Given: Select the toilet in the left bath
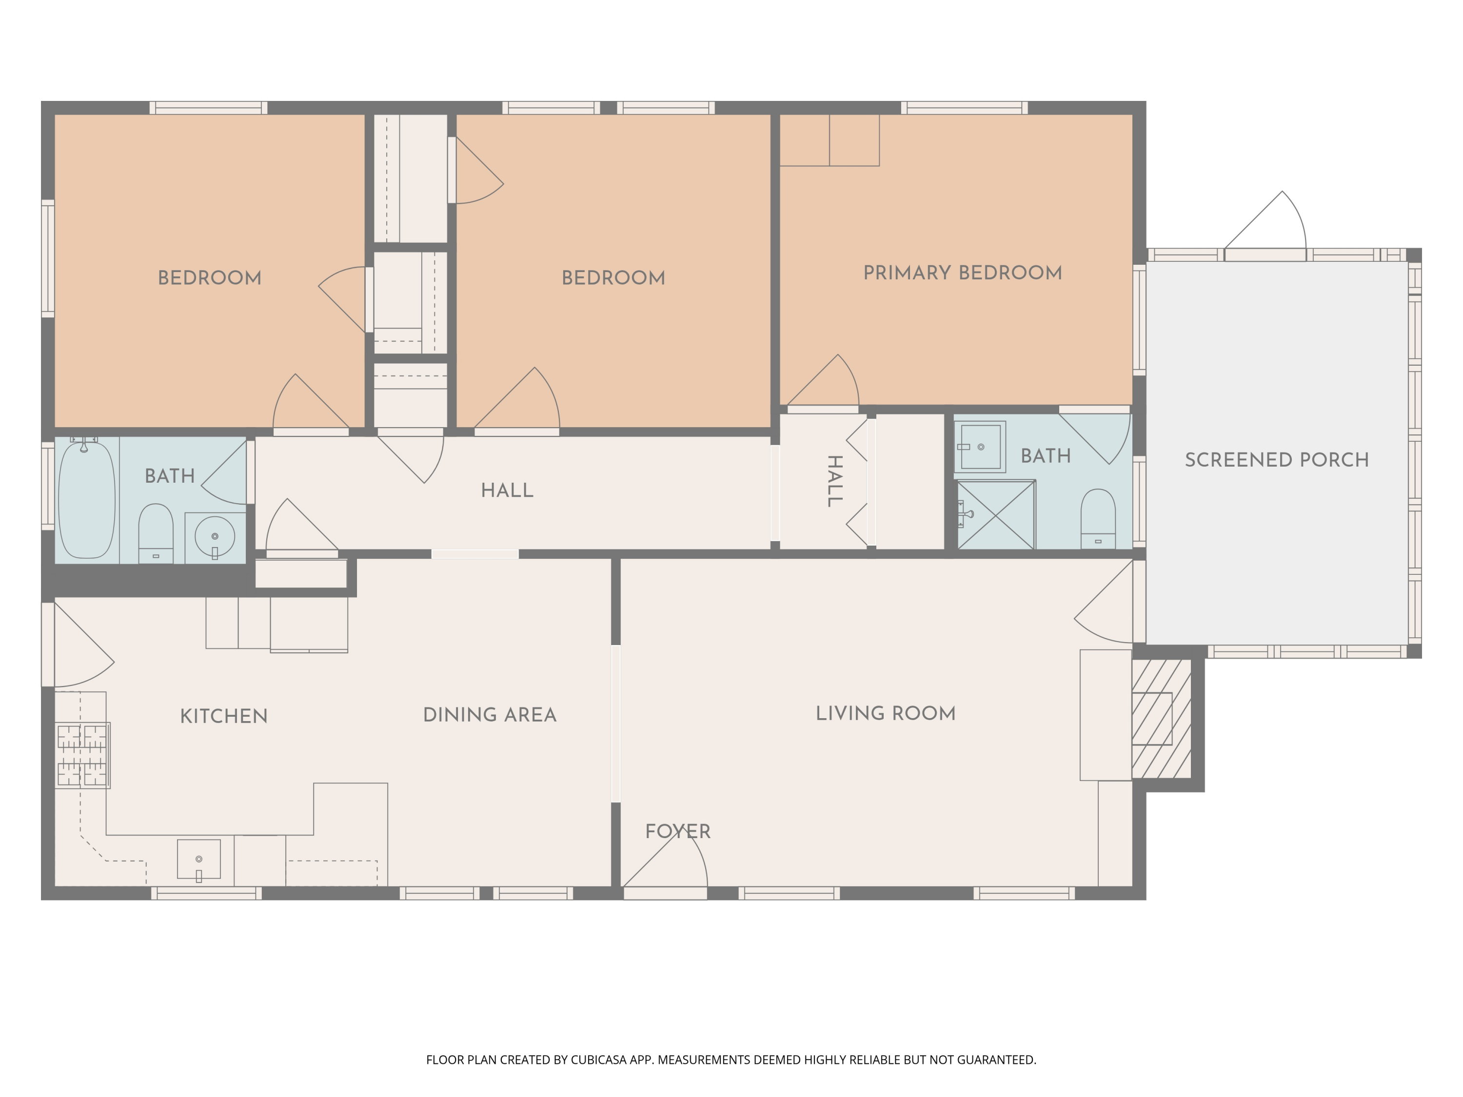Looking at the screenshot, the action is (x=156, y=533).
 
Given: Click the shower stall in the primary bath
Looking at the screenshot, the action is (x=996, y=514).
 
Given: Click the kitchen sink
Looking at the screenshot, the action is (x=199, y=860).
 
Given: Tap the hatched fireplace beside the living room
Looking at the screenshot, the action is (x=1162, y=718).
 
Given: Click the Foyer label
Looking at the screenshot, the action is (x=678, y=831).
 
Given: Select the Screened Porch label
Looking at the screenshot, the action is (x=1277, y=460).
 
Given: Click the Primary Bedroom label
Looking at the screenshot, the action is (x=962, y=273).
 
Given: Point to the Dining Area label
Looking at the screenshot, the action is (x=490, y=715).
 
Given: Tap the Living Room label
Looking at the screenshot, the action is (x=886, y=713).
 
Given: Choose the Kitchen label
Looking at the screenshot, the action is (x=223, y=716).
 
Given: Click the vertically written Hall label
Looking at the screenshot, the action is (x=835, y=481).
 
